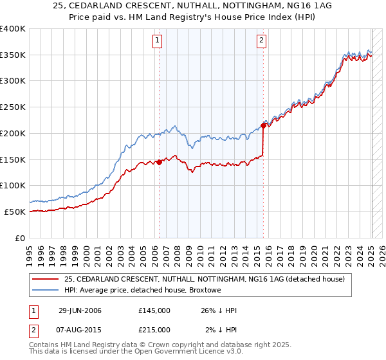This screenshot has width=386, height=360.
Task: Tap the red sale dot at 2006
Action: pos(159,163)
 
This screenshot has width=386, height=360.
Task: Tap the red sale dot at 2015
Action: pos(263,125)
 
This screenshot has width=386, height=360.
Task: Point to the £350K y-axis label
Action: pos(14,55)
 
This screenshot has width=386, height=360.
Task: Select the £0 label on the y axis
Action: pos(21,238)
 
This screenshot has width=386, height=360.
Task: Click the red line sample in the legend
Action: pos(45,279)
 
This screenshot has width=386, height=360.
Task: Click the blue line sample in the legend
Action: pos(45,291)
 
